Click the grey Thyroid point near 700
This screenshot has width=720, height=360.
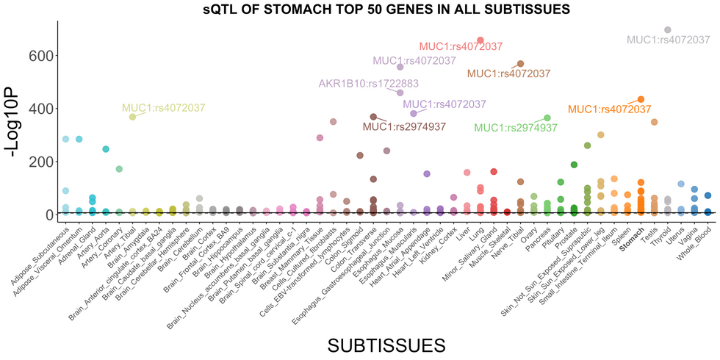[x=668, y=30]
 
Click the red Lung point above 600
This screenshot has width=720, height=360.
[x=480, y=40]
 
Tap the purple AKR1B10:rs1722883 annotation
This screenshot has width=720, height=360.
[x=368, y=84]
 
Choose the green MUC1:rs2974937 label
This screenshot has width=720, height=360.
[x=516, y=128]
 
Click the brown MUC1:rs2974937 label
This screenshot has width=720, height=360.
[x=404, y=126]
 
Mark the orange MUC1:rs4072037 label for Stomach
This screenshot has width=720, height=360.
[x=609, y=109]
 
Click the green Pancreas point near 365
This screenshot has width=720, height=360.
[x=547, y=118]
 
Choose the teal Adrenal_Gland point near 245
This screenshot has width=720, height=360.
[x=106, y=149]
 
